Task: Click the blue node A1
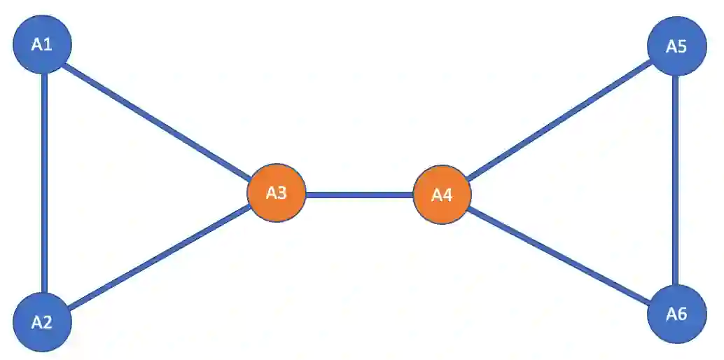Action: [x=43, y=45]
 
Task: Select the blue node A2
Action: [x=43, y=321]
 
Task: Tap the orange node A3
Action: [x=277, y=193]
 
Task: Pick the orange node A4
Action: [x=442, y=195]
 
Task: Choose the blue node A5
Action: [x=676, y=47]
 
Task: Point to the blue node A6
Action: [x=676, y=314]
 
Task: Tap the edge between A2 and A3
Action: [x=160, y=258]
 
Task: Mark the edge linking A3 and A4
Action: [x=359, y=194]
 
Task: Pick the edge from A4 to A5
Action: [x=558, y=119]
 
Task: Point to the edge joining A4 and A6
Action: [x=558, y=254]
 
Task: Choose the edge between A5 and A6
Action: [x=676, y=181]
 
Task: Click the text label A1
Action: [x=42, y=45]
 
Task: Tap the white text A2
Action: [x=42, y=322]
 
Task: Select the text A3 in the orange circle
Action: [x=277, y=193]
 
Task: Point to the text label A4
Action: [x=442, y=195]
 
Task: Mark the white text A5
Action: [x=676, y=47]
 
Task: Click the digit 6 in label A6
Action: [x=682, y=314]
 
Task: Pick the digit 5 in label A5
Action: [x=682, y=47]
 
